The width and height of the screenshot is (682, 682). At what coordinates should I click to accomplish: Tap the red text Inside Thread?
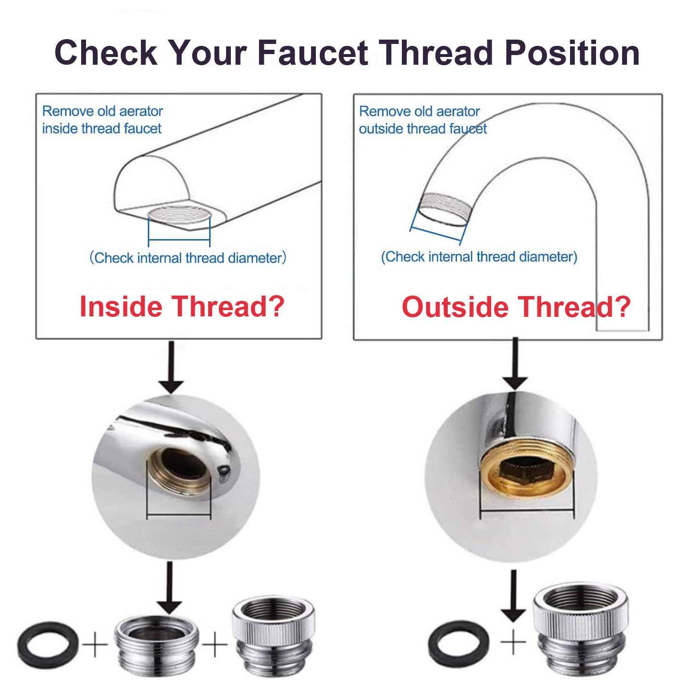[182, 306]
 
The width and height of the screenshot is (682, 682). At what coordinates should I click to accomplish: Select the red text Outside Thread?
[516, 306]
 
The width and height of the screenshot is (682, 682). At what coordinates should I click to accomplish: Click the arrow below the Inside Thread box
[171, 367]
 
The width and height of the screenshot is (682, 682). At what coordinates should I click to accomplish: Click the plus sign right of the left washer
[95, 645]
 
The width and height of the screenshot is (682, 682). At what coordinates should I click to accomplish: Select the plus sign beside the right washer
[512, 643]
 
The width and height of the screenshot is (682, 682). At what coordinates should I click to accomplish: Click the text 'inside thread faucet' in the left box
[101, 128]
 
